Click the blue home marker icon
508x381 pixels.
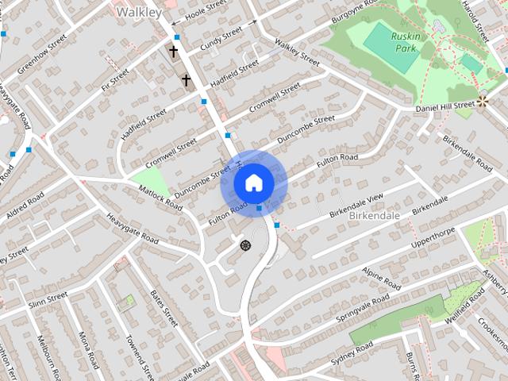253,183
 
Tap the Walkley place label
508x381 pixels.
138,13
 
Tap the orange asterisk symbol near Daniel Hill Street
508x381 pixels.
483,101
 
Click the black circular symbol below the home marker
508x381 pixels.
245,245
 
